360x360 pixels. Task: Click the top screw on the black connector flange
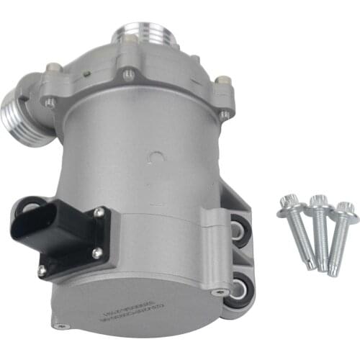click(x=99, y=211)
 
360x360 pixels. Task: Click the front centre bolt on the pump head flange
click(x=127, y=73)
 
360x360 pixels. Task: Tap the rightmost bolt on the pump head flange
click(x=225, y=114)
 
